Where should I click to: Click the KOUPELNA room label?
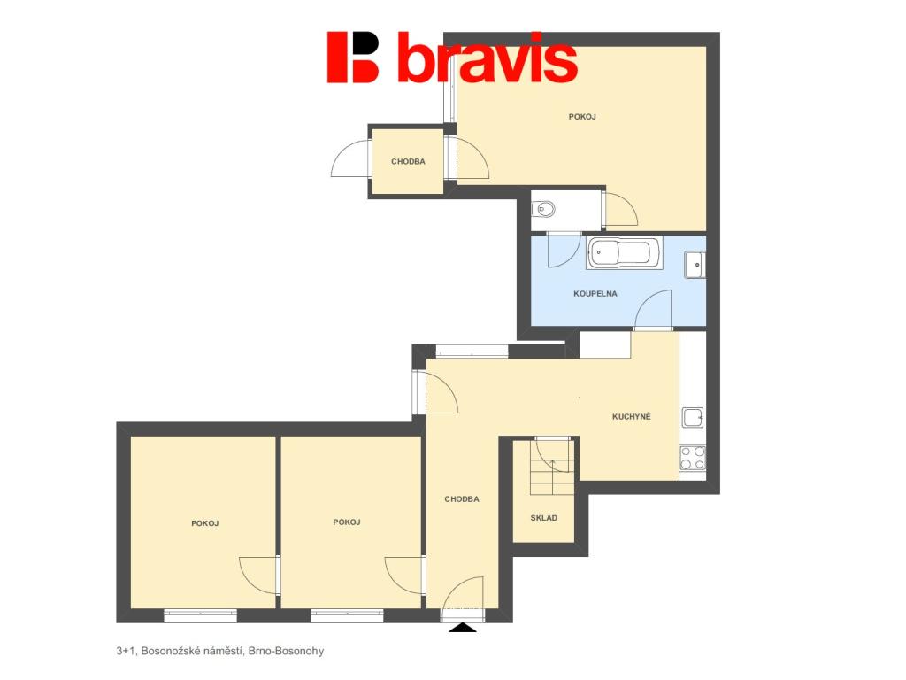click(x=595, y=294)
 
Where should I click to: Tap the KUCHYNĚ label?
click(x=632, y=416)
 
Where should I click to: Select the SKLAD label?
click(x=544, y=518)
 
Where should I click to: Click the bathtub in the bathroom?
click(x=624, y=252)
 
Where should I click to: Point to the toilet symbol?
click(x=542, y=208)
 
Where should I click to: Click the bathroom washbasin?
click(x=695, y=265)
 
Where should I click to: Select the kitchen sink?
click(x=693, y=417)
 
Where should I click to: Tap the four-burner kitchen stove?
click(x=693, y=458)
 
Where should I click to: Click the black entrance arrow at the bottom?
click(x=463, y=628)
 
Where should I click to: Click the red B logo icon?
click(x=352, y=57)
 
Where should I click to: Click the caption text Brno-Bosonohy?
click(x=286, y=651)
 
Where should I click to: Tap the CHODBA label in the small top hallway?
click(x=408, y=162)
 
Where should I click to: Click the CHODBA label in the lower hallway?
click(x=462, y=499)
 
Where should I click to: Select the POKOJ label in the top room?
click(x=582, y=117)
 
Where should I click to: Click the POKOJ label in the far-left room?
click(x=205, y=524)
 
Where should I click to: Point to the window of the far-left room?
click(x=201, y=616)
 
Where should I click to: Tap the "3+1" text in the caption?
click(x=126, y=651)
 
